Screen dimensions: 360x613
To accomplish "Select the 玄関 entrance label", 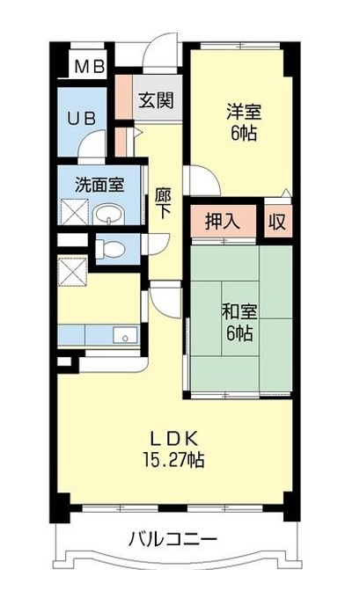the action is click(156, 101).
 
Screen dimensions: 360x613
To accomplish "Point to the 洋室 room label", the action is click(244, 113).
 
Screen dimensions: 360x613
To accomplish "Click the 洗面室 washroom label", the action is click(99, 185).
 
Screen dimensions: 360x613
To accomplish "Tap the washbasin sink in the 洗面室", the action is click(109, 215).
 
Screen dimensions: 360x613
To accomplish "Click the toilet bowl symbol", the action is click(110, 249).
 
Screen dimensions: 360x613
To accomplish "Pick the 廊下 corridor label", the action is click(163, 203).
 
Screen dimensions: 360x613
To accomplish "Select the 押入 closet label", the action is click(222, 222).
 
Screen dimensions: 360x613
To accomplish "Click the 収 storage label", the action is click(277, 222).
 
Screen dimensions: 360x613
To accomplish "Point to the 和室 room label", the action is click(239, 312).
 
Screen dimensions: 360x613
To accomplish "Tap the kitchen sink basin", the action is click(125, 335).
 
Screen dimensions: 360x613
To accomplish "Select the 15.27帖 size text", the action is click(173, 460).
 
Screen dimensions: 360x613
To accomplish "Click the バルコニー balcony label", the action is click(173, 540).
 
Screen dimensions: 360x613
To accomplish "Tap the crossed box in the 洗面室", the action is click(75, 211).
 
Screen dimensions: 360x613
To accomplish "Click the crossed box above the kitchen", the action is click(72, 271).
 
